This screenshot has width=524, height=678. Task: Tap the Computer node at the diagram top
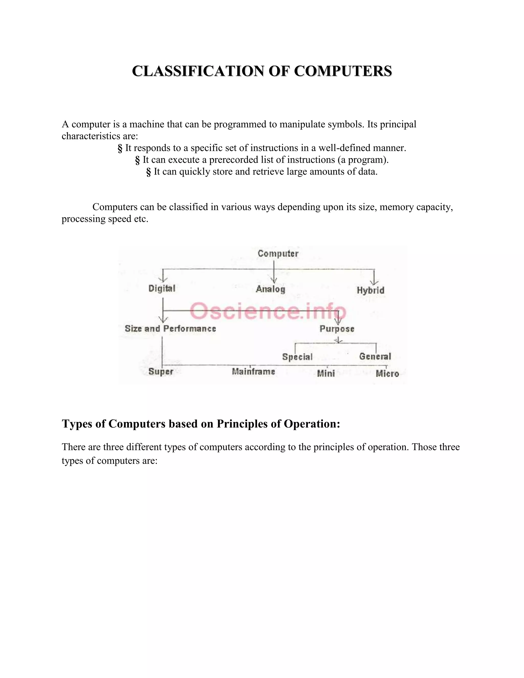pos(278,253)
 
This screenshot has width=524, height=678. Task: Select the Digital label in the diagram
pos(162,288)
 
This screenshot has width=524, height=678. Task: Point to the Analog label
pos(270,289)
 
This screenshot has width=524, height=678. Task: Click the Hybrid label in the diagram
pos(371,290)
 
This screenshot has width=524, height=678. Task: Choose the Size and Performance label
pos(170,329)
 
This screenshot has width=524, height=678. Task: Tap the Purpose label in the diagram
pos(337,329)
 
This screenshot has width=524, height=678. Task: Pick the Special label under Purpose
pos(297,357)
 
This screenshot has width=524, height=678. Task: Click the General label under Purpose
pos(375,356)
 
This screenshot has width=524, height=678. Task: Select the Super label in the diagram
pos(160,371)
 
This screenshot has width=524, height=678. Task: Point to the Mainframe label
pos(253,371)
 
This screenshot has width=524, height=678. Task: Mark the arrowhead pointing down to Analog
pos(274,280)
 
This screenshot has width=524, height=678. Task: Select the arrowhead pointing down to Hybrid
pos(374,282)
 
